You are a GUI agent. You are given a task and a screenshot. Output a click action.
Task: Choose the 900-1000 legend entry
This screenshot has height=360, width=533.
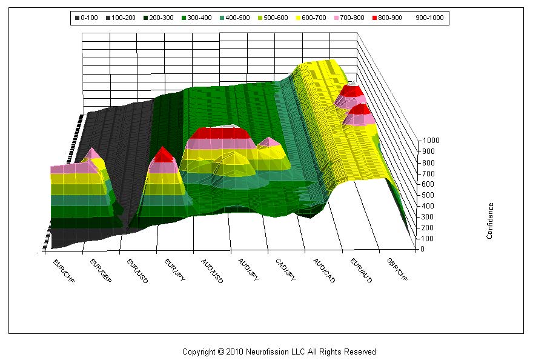[429, 18]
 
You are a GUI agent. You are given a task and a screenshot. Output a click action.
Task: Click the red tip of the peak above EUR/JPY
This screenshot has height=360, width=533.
[162, 155]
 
